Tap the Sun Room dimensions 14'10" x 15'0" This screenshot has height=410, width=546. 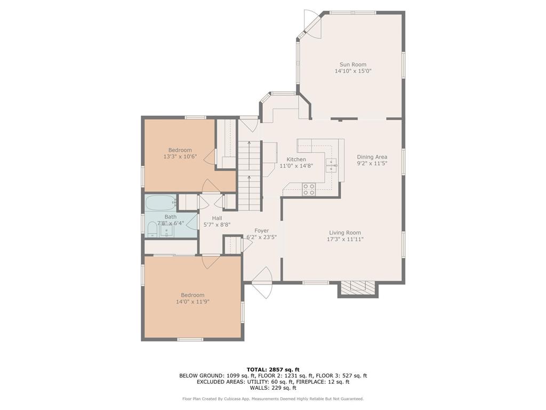pyautogui.click(x=352, y=71)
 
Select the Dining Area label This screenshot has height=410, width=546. pyautogui.click(x=372, y=157)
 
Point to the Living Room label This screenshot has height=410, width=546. pyautogui.click(x=344, y=233)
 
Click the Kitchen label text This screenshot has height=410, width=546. pyautogui.click(x=296, y=159)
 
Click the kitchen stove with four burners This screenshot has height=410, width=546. pyautogui.click(x=309, y=189)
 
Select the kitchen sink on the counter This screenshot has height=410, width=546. pyautogui.click(x=332, y=165)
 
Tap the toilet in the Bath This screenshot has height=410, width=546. pyautogui.click(x=151, y=230)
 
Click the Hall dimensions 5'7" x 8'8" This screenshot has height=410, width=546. pyautogui.click(x=216, y=225)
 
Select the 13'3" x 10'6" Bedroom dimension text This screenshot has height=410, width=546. pyautogui.click(x=180, y=157)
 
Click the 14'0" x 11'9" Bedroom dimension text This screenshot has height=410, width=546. pyautogui.click(x=192, y=302)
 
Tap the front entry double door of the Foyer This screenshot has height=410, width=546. pyautogui.click(x=262, y=283)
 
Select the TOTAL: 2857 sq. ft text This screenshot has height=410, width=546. pyautogui.click(x=272, y=369)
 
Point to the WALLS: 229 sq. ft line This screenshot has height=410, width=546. pyautogui.click(x=272, y=388)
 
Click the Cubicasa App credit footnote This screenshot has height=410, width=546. pyautogui.click(x=272, y=399)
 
